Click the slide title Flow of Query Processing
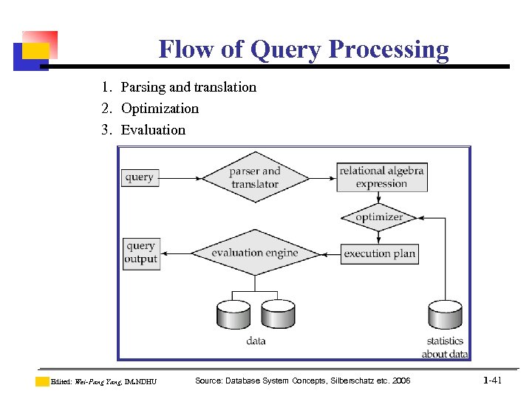pyautogui.click(x=304, y=50)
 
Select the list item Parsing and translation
pyautogui.click(x=188, y=87)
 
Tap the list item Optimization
pyautogui.click(x=160, y=109)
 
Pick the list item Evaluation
pyautogui.click(x=153, y=130)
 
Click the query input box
pyautogui.click(x=140, y=177)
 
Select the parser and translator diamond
pyautogui.click(x=254, y=177)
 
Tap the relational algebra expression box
pyautogui.click(x=381, y=177)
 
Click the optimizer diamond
pyautogui.click(x=379, y=217)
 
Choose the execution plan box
pyautogui.click(x=380, y=253)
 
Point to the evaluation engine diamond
pyautogui.click(x=255, y=253)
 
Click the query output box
pyautogui.click(x=141, y=253)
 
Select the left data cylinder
pyautogui.click(x=233, y=314)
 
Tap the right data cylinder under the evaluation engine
pyautogui.click(x=278, y=314)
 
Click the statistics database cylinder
pyautogui.click(x=446, y=314)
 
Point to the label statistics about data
pyautogui.click(x=445, y=347)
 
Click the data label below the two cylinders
pyautogui.click(x=256, y=341)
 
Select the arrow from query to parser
pyautogui.click(x=181, y=178)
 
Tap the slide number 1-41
pyautogui.click(x=492, y=381)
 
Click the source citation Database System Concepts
pyautogui.click(x=302, y=381)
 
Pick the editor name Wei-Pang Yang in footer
pyautogui.click(x=98, y=382)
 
